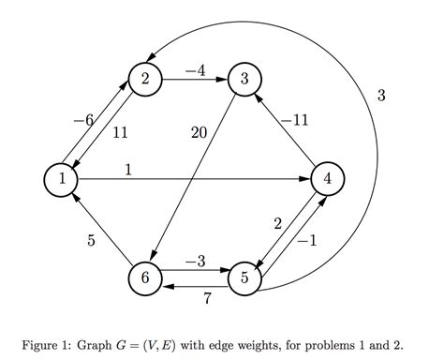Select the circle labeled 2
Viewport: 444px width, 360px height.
(145, 80)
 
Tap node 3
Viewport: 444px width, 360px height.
(244, 80)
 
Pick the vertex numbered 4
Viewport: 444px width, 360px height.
(327, 178)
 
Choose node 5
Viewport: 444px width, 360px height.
(244, 277)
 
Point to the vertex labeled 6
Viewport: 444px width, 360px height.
(145, 277)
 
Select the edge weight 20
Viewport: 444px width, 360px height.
(198, 134)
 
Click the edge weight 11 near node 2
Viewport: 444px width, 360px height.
(120, 133)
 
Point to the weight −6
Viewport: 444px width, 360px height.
(83, 120)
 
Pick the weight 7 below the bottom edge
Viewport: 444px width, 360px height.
(207, 300)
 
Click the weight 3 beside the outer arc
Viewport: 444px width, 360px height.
(381, 95)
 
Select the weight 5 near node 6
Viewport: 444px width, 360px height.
(91, 241)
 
